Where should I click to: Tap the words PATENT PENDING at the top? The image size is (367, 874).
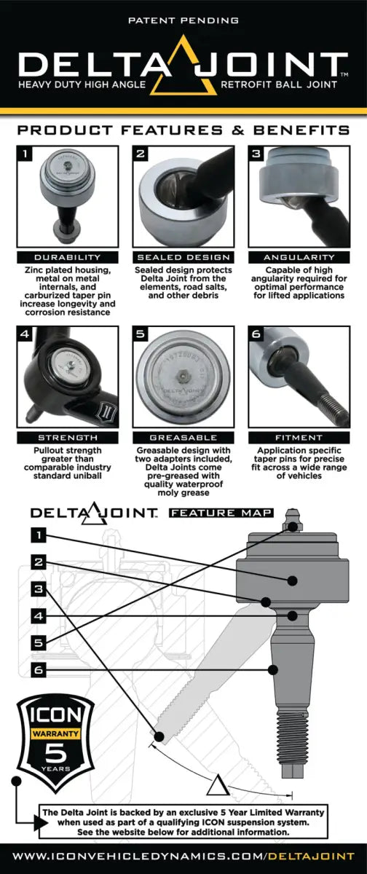pos(183,22)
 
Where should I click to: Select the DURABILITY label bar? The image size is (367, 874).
pos(66,257)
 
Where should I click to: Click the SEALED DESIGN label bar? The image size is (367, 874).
pos(183,257)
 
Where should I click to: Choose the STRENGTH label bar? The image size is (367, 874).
pos(66,438)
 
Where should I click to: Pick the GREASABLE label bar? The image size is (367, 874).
pos(183,438)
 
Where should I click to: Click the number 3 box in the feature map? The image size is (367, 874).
pos(39,588)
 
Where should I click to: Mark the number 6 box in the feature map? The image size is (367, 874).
pos(39,668)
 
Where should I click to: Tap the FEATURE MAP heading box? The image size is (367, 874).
pos(221,513)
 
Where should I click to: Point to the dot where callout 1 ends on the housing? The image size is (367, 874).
pos(292,580)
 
